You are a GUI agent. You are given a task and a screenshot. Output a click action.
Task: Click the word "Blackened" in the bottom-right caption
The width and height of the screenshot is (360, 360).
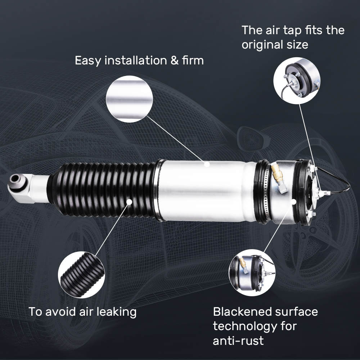pos(244,311)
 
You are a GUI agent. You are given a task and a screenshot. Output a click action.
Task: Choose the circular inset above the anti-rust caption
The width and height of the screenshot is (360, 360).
pos(252,273)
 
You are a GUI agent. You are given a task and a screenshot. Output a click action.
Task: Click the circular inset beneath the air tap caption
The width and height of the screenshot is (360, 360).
pos(297,81)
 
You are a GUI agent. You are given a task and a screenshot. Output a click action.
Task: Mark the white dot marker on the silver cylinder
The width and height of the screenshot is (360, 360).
pos(207,164)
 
